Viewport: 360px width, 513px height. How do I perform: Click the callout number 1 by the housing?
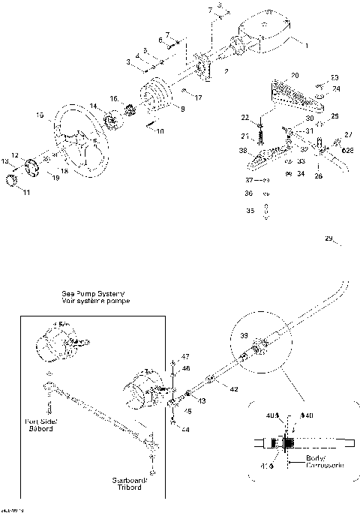(x=305, y=45)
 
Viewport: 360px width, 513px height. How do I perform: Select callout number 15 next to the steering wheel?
(x=39, y=115)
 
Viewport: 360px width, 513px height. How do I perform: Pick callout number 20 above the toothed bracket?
(x=295, y=76)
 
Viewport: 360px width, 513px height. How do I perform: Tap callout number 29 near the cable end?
(x=328, y=238)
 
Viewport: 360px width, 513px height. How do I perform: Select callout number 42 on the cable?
(x=235, y=389)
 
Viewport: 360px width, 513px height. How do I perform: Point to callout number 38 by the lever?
(x=243, y=151)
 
